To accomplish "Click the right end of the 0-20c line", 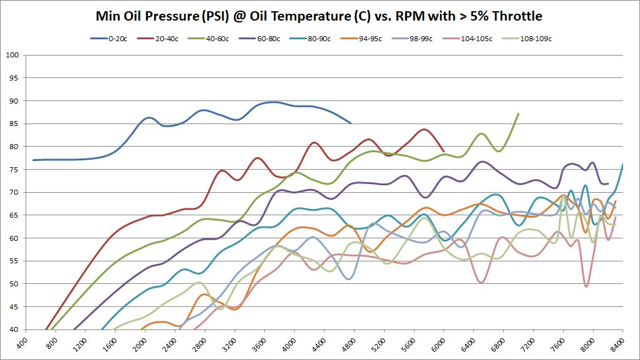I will coord(351,123).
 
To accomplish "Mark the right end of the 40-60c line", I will coord(519,114).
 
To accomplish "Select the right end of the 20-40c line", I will coord(443,152).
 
